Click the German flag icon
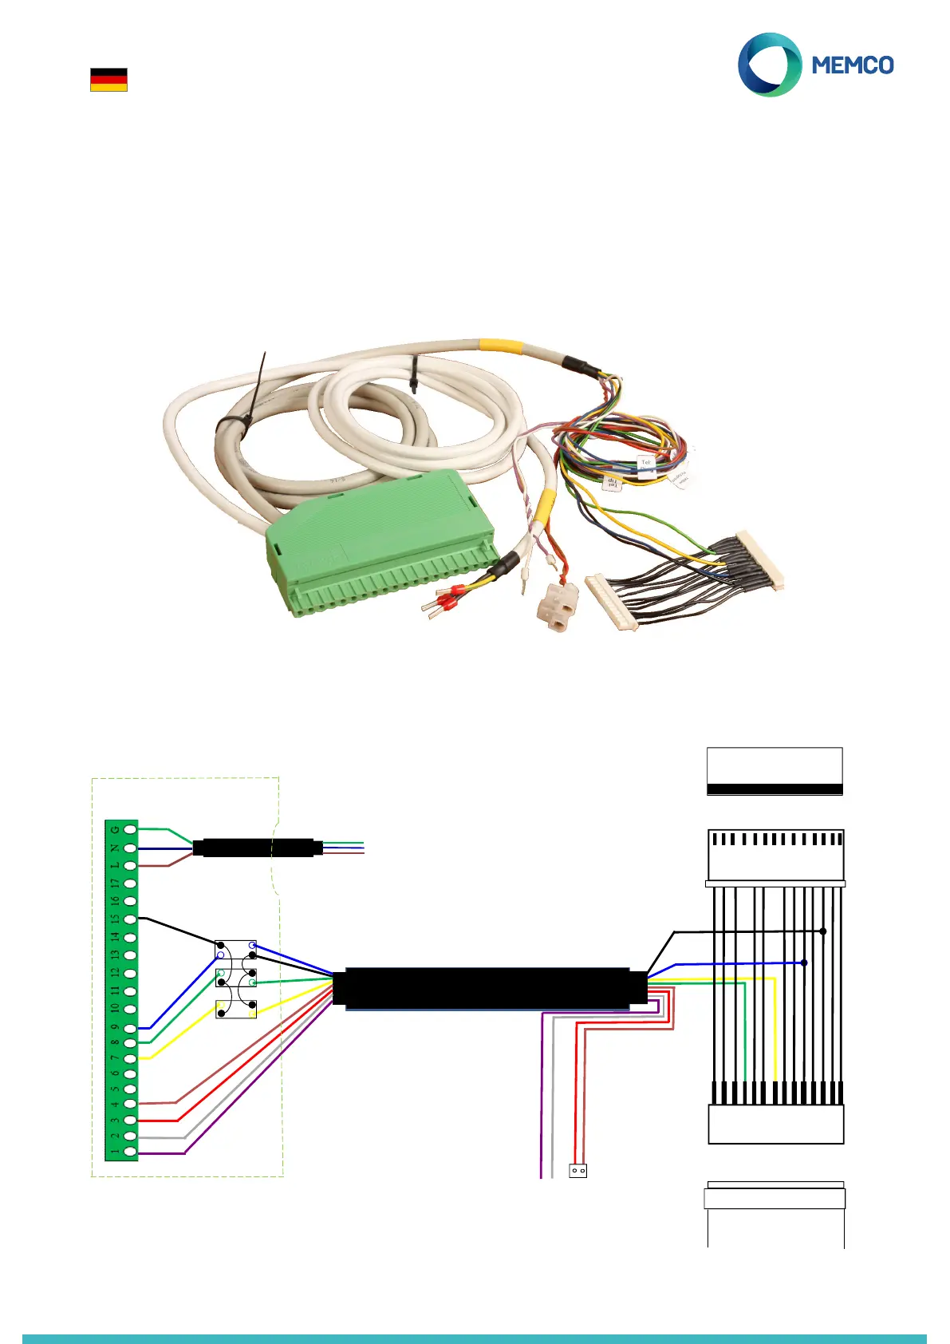pos(108,80)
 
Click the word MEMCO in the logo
pos(853,65)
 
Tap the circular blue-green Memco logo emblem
pos(769,65)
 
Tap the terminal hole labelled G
pos(130,830)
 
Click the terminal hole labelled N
pos(130,848)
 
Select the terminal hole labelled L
pos(130,866)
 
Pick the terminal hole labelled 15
pos(130,919)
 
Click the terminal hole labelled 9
pos(130,1029)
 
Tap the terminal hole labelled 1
pos(130,1152)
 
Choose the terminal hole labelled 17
pos(130,883)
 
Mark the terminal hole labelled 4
pos(130,1104)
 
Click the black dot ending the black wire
pos(823,931)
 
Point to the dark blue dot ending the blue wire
pos(804,963)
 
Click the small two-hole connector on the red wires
pos(578,1171)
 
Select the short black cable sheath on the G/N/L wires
pos(258,847)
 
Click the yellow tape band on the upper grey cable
pos(501,346)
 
